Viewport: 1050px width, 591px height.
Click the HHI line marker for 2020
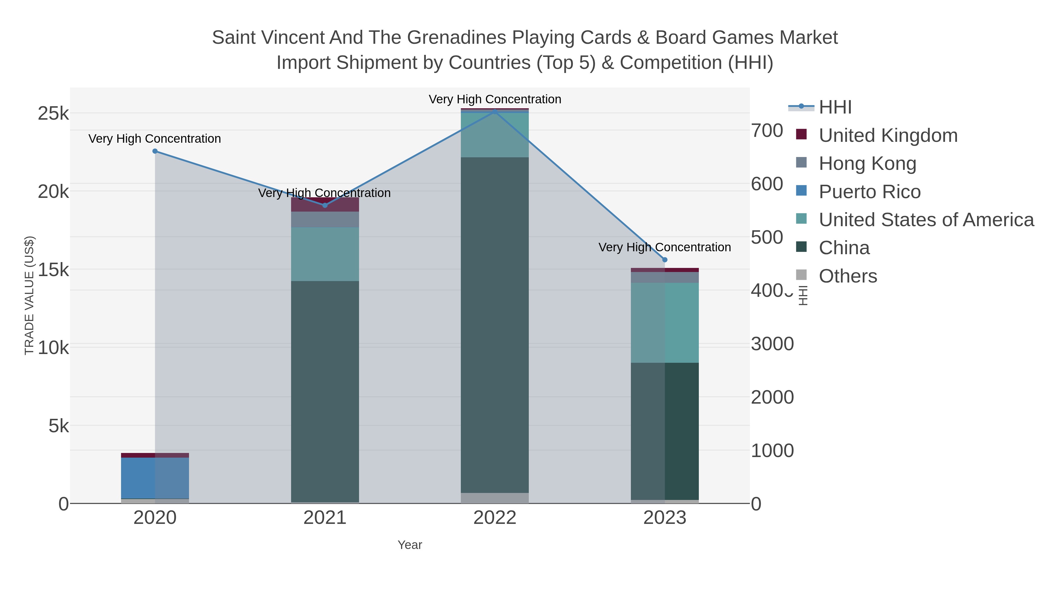point(155,151)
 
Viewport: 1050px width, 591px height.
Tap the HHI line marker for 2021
point(325,205)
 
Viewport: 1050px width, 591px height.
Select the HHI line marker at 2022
point(495,111)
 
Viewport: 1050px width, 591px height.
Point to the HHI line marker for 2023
point(665,260)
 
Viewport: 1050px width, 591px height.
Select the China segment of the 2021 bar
point(325,392)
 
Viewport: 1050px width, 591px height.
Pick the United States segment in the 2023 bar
point(665,322)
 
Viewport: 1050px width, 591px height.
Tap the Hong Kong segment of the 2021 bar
point(325,219)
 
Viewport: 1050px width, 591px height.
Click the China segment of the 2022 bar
point(495,325)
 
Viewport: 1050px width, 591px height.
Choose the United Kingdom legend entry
point(888,135)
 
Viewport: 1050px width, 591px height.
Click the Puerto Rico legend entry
point(869,192)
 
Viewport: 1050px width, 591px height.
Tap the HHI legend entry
point(835,107)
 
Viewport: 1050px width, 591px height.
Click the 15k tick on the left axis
point(53,270)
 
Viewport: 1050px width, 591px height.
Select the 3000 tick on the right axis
point(772,344)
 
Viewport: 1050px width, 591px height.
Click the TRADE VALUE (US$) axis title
point(29,295)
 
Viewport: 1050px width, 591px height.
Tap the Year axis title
point(410,545)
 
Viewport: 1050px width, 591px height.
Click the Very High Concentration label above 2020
point(155,139)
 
